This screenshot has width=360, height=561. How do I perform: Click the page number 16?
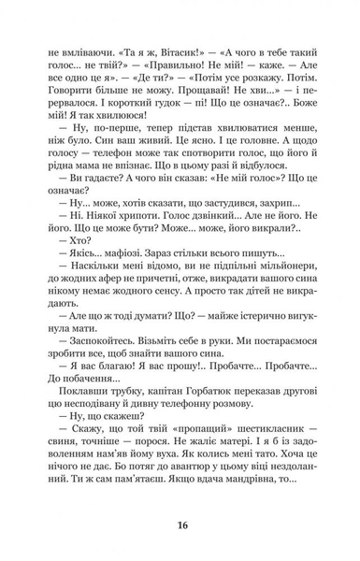point(180,523)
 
